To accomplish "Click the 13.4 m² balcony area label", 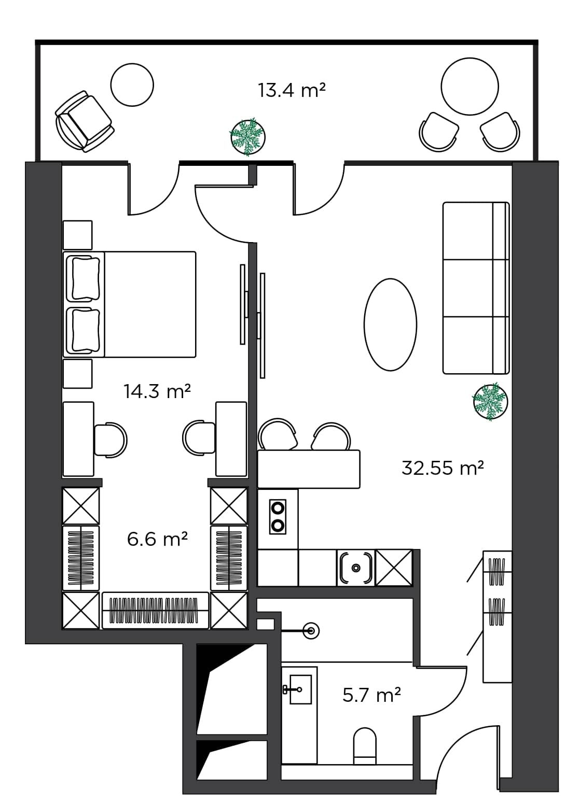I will click(292, 90).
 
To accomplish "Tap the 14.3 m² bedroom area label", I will click(157, 391).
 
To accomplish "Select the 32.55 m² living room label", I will click(443, 468).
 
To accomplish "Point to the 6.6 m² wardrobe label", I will click(157, 539).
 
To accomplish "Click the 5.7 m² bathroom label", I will click(371, 695).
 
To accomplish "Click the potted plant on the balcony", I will click(247, 137).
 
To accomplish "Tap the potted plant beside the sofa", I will click(490, 401).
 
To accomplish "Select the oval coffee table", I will click(390, 324).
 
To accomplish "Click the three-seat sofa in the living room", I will click(475, 288).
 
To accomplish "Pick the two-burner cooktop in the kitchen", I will click(278, 516).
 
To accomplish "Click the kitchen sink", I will click(356, 568).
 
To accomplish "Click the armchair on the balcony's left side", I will click(84, 122).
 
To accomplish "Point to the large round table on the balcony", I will click(469, 86).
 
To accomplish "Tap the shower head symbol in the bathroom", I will click(311, 631).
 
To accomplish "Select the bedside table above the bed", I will click(78, 235).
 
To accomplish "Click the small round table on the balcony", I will click(132, 84).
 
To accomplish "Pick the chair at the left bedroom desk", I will click(110, 440).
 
